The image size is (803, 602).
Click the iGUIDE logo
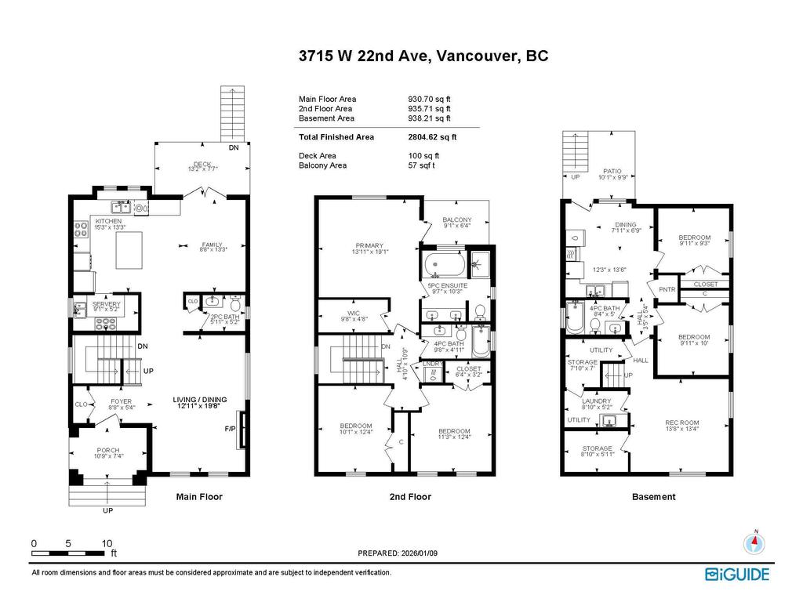click(x=737, y=575)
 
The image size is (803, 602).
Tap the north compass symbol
click(x=754, y=544)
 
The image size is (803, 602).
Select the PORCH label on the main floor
click(x=108, y=450)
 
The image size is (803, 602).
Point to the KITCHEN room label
click(x=108, y=222)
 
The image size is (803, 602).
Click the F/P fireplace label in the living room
click(x=231, y=430)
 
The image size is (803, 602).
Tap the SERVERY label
click(x=106, y=304)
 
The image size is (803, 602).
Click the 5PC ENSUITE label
click(x=447, y=286)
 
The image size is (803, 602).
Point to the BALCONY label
click(x=457, y=219)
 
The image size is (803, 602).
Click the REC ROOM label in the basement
click(x=681, y=423)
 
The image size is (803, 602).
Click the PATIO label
click(x=612, y=170)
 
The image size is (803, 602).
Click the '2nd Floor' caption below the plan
click(x=410, y=497)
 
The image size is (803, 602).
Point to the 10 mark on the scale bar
click(x=107, y=543)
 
